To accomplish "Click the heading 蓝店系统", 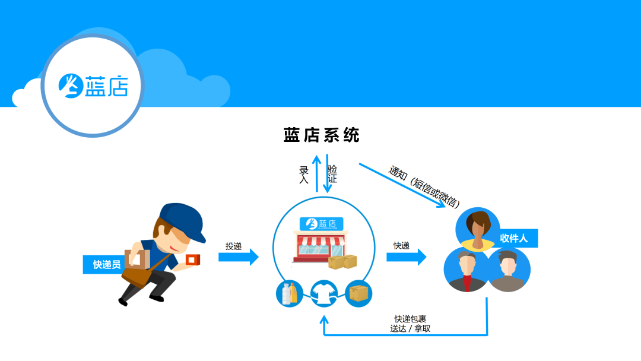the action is coord(321,135).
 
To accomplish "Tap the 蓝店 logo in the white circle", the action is coord(94,86).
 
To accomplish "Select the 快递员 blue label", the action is coord(104,264).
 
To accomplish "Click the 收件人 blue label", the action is coord(516,238).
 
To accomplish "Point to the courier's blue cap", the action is coord(183,221).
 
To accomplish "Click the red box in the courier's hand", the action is coord(193,259).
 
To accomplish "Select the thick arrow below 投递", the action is coord(239,257).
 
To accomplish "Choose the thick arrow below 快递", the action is coord(407,257).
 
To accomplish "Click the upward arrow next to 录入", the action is coord(316,174).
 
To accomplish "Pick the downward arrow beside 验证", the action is coord(327,173).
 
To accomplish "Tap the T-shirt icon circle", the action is coord(324,293).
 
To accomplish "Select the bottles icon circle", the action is coord(290,293).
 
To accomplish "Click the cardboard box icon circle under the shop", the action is coord(358,293).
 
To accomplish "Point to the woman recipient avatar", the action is coord(478,229).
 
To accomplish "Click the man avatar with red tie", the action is coord(467,270).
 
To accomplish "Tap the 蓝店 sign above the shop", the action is coord(321,224).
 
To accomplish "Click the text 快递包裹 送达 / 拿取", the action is coord(410,324).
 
